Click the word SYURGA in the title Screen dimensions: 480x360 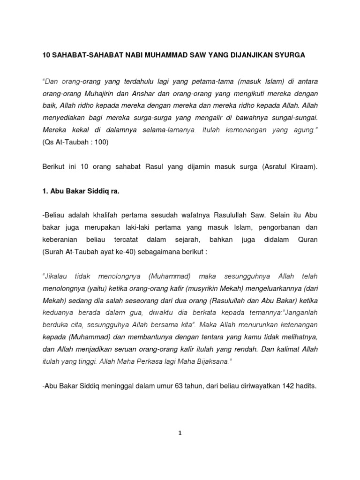pyautogui.click(x=290, y=55)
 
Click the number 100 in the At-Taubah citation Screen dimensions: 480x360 pyautogui.click(x=100, y=142)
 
